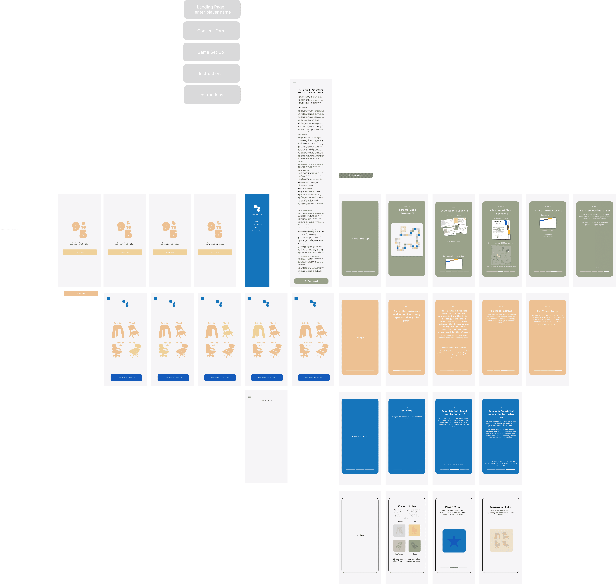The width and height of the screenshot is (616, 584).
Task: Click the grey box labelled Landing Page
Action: click(212, 9)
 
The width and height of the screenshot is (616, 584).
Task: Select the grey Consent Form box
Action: click(211, 31)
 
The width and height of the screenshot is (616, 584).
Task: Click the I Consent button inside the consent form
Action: click(311, 281)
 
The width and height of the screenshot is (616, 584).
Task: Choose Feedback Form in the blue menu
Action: click(257, 231)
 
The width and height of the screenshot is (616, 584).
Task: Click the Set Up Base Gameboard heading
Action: click(407, 211)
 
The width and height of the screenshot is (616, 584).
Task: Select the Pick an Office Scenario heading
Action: click(500, 212)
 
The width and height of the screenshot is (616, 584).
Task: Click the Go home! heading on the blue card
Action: click(407, 411)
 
